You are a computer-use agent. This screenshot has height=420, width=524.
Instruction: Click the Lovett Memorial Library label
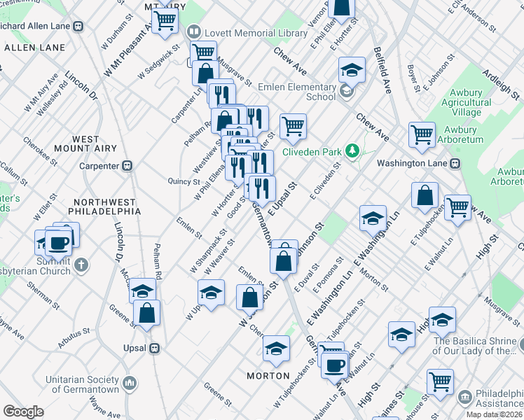point(256,33)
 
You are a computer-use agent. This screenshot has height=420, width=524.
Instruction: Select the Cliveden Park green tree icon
point(354,150)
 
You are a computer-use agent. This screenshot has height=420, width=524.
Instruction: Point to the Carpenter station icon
point(127,166)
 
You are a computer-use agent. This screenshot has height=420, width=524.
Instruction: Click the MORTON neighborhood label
point(268,376)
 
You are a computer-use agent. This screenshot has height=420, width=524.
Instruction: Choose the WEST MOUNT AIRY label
point(95,144)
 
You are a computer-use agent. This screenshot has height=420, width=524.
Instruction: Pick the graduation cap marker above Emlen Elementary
point(352,69)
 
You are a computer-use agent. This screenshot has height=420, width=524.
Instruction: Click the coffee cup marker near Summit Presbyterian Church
point(59,243)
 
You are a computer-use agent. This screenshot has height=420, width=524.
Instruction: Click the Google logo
point(23,412)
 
